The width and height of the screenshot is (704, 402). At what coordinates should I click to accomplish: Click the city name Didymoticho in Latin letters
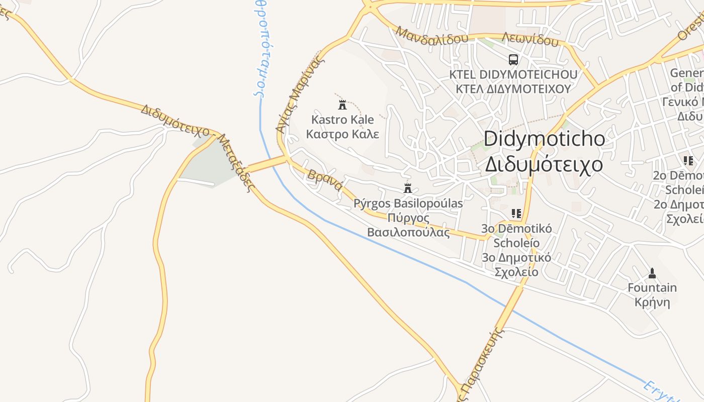(545, 139)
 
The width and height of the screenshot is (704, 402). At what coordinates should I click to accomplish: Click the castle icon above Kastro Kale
(342, 105)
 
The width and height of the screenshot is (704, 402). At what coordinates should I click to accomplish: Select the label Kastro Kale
(342, 120)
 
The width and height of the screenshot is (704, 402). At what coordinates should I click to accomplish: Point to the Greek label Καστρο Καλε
(342, 134)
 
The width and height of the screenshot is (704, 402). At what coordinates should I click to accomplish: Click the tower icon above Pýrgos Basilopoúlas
(408, 188)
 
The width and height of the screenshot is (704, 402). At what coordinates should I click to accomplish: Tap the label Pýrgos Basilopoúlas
(408, 204)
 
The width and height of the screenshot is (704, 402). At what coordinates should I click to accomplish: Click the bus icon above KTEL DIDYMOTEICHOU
(513, 60)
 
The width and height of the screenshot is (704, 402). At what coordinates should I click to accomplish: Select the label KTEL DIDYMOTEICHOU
(513, 75)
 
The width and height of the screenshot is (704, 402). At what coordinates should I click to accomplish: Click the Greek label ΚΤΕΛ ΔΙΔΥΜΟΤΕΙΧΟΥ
(513, 89)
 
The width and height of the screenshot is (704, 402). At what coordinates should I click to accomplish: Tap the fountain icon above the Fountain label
(652, 273)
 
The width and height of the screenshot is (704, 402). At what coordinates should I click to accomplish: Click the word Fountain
(652, 288)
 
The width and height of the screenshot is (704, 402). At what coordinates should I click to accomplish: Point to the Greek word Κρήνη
(652, 303)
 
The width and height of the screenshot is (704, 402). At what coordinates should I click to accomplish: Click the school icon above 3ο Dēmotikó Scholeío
(516, 214)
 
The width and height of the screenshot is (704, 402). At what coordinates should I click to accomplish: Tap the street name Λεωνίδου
(530, 39)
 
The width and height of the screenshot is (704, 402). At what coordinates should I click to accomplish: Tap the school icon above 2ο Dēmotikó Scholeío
(688, 161)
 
